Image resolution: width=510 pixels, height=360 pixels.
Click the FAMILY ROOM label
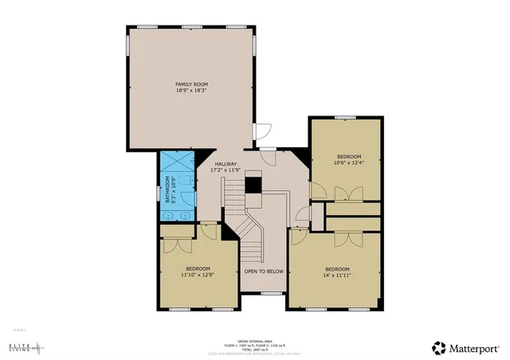point(188,84)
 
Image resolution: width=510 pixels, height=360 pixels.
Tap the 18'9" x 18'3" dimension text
point(188,91)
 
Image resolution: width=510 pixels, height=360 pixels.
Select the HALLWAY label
point(225,164)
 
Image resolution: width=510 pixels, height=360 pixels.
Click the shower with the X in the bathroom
point(177,160)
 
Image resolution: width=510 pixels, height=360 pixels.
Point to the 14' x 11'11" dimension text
point(337,275)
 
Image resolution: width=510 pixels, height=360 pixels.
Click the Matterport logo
point(466,347)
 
